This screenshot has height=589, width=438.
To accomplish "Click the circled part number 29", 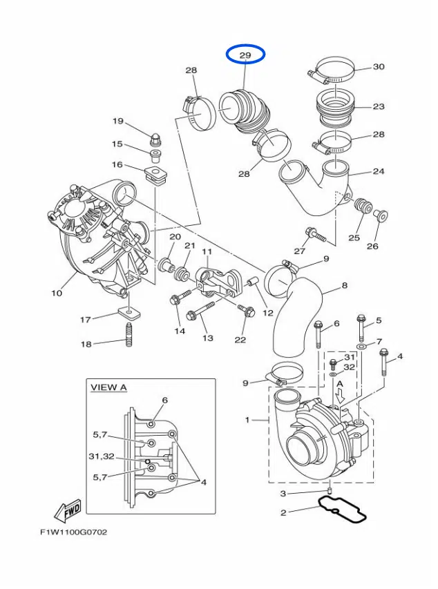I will [245, 55].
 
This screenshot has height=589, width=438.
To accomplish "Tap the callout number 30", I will [379, 67].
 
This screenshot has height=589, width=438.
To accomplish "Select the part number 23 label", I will [379, 106].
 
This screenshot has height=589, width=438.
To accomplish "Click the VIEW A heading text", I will [108, 387].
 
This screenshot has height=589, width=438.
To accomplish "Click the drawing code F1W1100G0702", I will [73, 532].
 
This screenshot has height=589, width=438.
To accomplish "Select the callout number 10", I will [57, 293].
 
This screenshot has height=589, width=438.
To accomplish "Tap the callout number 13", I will [207, 338].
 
